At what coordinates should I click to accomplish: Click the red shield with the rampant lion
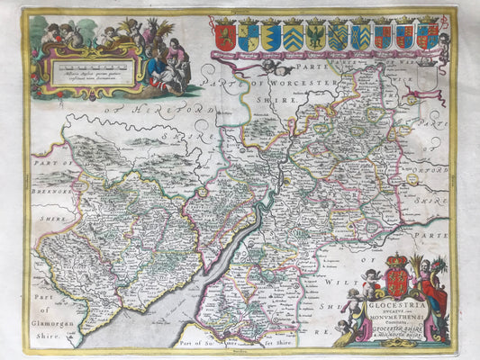226,36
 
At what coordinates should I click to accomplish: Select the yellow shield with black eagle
316,36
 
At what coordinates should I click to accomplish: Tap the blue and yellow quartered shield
249,36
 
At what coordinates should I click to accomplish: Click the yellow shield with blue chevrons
294,36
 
